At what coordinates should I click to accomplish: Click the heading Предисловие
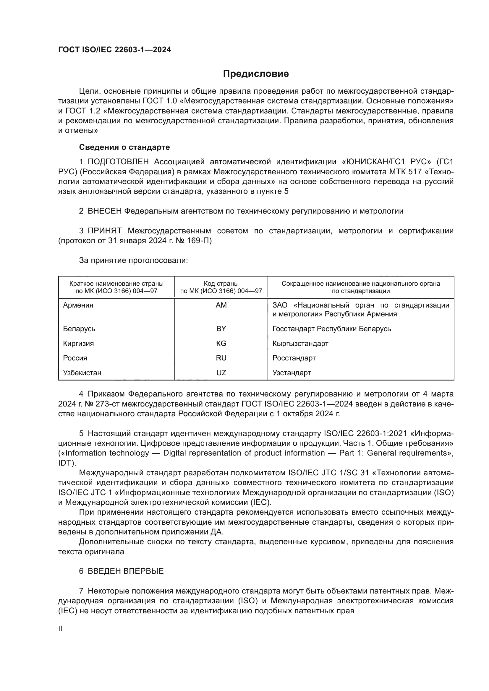pos(256,74)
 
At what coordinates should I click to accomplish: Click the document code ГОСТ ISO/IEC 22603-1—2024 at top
pos(114,50)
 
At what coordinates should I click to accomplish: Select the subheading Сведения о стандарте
pos(124,147)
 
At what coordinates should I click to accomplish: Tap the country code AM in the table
pos(221,305)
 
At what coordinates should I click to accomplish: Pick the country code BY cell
pos(221,329)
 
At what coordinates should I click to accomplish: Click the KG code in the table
pos(221,343)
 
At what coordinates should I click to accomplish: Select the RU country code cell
pos(221,358)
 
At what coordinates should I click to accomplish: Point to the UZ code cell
pos(221,373)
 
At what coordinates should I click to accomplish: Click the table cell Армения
pos(78,305)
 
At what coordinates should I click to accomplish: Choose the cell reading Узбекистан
pos(82,373)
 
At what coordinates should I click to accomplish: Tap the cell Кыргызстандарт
pos(300,343)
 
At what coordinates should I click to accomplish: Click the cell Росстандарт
pos(294,358)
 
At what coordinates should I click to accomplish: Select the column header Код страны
pos(221,284)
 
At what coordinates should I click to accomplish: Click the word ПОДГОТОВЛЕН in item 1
pos(118,162)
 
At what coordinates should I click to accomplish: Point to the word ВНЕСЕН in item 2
pos(104,211)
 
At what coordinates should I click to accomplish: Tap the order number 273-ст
pos(93,404)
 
